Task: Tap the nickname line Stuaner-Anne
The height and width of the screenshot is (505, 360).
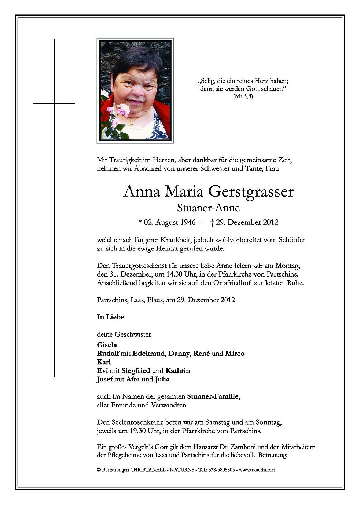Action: pyautogui.click(x=208, y=208)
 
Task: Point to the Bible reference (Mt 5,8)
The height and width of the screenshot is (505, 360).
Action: pyautogui.click(x=243, y=97)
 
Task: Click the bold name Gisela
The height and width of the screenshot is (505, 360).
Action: pyautogui.click(x=107, y=345)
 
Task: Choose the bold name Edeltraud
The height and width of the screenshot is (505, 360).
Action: pyautogui.click(x=149, y=354)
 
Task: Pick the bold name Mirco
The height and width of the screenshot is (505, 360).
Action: pyautogui.click(x=235, y=354)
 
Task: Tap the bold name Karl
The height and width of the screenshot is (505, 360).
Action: pyautogui.click(x=104, y=362)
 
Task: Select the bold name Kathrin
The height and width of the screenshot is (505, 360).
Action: pyautogui.click(x=178, y=370)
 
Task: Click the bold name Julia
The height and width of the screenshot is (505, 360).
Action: pyautogui.click(x=162, y=379)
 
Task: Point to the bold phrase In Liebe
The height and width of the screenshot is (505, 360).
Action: pyautogui.click(x=110, y=317)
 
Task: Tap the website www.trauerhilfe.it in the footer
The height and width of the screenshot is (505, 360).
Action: pyautogui.click(x=257, y=469)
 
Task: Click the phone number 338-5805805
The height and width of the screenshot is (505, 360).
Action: pyautogui.click(x=222, y=469)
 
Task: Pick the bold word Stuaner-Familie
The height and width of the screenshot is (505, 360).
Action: pyautogui.click(x=213, y=396)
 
